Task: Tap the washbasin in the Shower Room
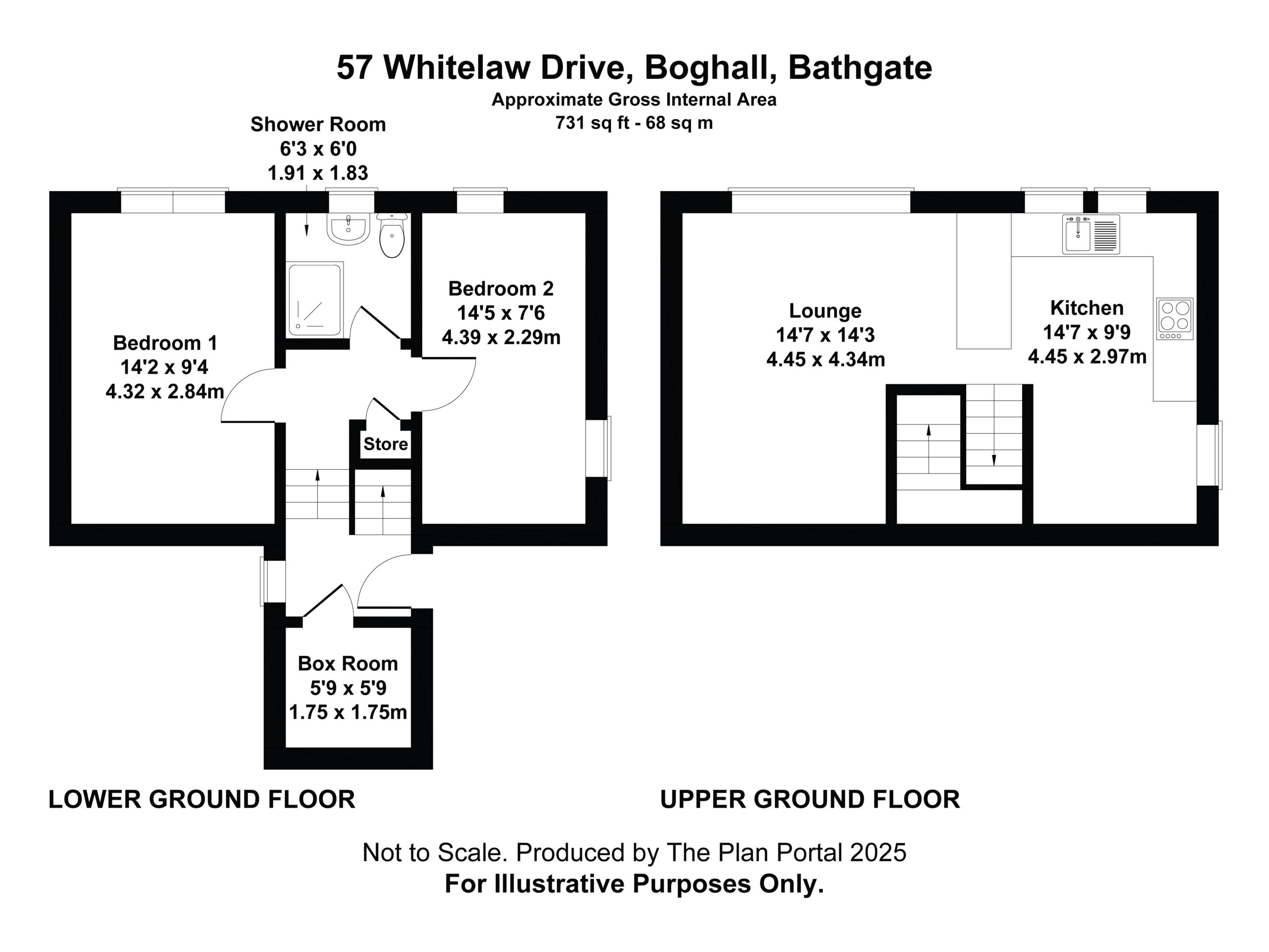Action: point(348,229)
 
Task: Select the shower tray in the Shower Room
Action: point(315,299)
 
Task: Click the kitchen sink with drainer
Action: point(1091,234)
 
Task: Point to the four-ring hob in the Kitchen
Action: point(1175,318)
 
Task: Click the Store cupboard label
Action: point(386,444)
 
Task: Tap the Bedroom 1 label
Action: point(165,343)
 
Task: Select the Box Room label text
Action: point(347,663)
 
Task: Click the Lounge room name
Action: point(825,310)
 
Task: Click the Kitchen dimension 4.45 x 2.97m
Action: point(1087,357)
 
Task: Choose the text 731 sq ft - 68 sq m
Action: point(634,123)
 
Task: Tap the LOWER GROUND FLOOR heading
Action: point(202,799)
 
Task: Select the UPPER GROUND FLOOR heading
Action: point(810,799)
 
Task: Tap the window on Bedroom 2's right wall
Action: point(598,448)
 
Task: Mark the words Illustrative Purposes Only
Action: point(659,884)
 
